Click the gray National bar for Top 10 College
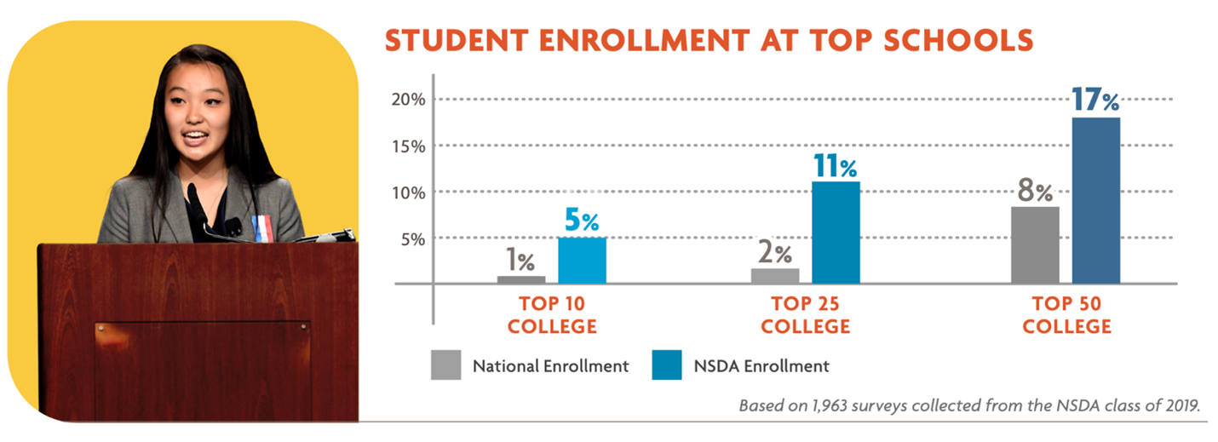coord(521,279)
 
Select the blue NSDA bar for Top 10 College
coord(582,260)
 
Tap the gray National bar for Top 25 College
coord(775,275)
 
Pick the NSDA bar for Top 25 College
coord(836,232)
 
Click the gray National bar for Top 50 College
coord(1035,244)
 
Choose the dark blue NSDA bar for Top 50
coord(1095,200)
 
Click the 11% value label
coord(834,165)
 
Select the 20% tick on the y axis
coord(408,100)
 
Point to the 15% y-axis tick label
coord(408,146)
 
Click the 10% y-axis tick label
coord(408,192)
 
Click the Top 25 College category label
coord(805,315)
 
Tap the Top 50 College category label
coord(1066,315)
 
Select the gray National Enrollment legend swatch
coord(445,366)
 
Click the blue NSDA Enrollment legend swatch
coord(666,366)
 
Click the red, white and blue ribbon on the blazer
coord(260,227)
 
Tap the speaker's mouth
coord(195,136)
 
